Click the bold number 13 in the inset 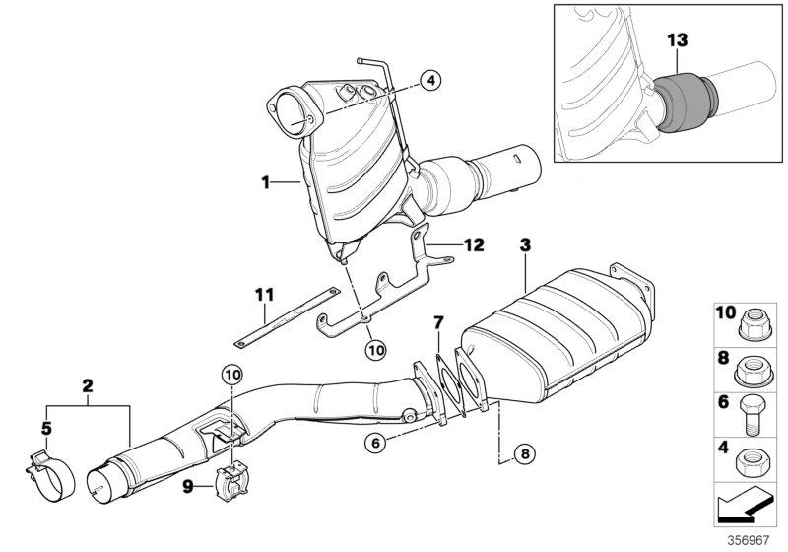[677, 40]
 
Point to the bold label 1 [265, 182]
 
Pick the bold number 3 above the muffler [527, 243]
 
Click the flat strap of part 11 [285, 316]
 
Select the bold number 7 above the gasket [439, 322]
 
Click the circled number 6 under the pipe [375, 443]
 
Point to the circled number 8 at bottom [525, 454]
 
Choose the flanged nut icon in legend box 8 [752, 368]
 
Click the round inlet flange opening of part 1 [295, 108]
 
